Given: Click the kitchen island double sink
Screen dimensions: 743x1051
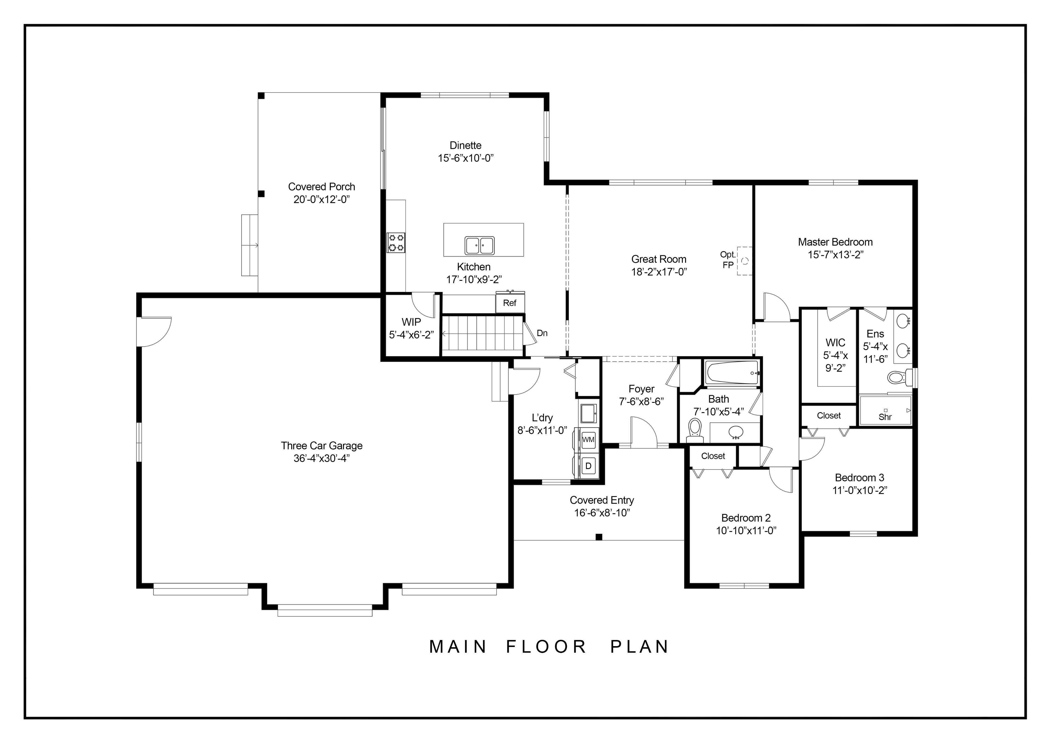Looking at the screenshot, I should (479, 245).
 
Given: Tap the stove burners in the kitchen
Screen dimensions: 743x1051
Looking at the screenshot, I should (396, 243).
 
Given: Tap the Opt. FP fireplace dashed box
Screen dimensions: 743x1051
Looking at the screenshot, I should (744, 261).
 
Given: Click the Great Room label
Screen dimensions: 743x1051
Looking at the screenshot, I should (659, 259).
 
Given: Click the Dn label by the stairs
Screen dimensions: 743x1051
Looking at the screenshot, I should (542, 333).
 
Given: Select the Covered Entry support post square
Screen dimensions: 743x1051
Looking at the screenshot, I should (599, 537).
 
